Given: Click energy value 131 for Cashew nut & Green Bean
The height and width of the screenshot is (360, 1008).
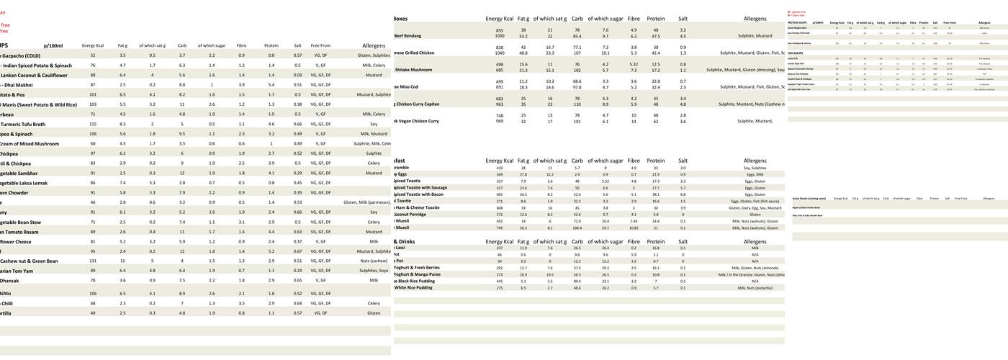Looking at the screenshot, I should [93, 261].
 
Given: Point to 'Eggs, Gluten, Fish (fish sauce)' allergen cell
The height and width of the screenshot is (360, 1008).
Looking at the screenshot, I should [755, 201].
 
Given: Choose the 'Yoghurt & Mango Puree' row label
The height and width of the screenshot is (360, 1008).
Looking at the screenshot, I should [417, 274].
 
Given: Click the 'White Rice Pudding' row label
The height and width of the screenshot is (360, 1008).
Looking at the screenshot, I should [413, 288].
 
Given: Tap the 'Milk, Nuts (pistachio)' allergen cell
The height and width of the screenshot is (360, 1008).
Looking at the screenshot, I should [755, 288].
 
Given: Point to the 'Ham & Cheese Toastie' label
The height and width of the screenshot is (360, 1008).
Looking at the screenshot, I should [417, 207].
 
